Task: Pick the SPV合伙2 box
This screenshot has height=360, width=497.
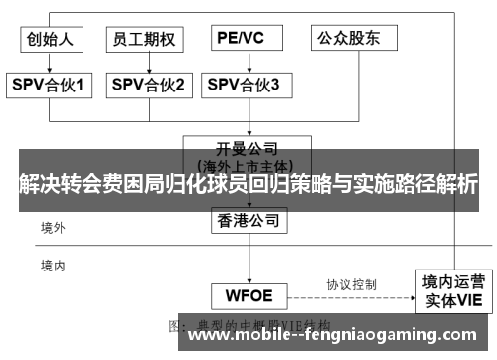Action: click(146, 86)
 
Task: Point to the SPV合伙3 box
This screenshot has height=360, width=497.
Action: click(244, 86)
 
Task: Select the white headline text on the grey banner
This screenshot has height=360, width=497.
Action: click(248, 183)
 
